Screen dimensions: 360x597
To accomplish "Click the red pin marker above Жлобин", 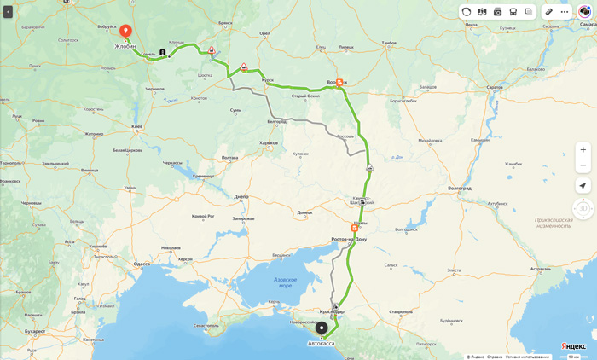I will click(125, 32).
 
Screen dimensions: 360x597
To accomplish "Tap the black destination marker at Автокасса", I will click(322, 328).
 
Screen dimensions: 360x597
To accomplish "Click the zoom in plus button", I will click(583, 149).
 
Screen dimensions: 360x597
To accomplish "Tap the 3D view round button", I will click(583, 208).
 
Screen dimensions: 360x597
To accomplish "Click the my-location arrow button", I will click(583, 186).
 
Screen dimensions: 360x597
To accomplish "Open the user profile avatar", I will click(584, 12).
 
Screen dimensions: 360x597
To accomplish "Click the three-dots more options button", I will click(565, 12).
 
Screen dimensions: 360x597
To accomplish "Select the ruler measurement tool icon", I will click(549, 12).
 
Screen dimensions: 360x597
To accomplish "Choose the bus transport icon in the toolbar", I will click(513, 12).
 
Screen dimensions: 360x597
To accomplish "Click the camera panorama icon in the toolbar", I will click(498, 12).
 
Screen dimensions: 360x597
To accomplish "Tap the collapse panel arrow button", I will click(8, 12).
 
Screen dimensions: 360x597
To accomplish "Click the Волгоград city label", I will click(459, 188).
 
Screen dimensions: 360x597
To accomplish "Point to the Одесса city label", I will click(142, 264).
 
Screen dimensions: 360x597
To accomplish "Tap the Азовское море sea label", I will click(286, 282).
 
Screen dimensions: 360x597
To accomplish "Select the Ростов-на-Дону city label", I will click(349, 239).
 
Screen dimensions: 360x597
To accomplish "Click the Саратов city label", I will click(495, 87).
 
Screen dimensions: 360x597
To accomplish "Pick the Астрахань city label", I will click(540, 269).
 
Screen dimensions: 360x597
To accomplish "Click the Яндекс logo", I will click(574, 346).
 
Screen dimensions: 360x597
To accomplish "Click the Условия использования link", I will click(527, 357).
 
